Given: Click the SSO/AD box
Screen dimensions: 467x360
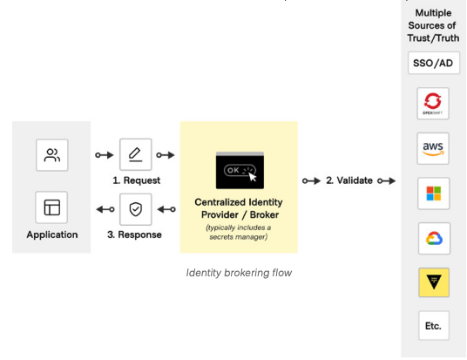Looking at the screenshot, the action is pos(434,63).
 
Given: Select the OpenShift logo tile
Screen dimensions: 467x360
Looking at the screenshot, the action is pos(433,104).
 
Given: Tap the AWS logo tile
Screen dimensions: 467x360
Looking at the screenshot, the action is pos(433,148).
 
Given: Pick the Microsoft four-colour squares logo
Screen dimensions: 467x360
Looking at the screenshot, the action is pos(433,194).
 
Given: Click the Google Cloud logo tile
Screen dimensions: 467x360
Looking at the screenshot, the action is pos(434,239).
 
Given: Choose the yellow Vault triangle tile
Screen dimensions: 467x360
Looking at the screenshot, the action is pos(434,282).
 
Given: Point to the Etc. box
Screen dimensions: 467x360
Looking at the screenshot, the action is pos(434,325).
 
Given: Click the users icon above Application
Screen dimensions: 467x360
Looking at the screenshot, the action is pos(52,155).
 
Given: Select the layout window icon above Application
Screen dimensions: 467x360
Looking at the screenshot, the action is pos(51,207).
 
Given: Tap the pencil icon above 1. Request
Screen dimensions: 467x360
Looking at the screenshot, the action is pos(136,154).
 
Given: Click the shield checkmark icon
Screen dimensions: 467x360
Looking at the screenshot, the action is pos(136,209).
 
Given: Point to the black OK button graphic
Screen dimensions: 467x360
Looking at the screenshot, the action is pos(240,171).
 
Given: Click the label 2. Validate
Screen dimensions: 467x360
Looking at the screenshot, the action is pos(349,180).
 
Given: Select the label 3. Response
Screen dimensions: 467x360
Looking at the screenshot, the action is pos(134,234).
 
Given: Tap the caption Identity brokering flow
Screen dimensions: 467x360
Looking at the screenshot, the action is pos(239,273).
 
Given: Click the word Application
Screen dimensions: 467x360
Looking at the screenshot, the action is pos(52,234).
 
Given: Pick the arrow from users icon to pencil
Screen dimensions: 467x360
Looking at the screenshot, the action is pos(105,155).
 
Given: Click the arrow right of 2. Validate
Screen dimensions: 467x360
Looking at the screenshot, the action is pos(387,180).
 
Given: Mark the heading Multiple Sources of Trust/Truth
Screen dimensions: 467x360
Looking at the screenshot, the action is pos(433,25).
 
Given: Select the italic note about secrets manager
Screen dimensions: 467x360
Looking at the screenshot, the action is pos(238,232).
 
